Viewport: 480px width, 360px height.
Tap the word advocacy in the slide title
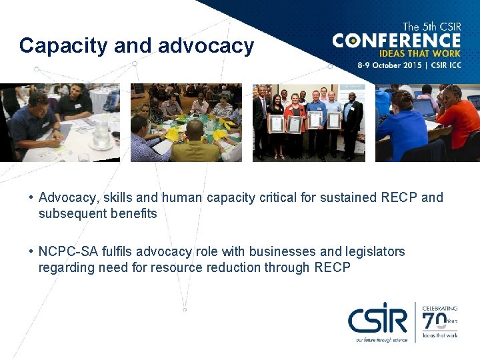click(x=206, y=46)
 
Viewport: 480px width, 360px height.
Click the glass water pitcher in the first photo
click(x=101, y=135)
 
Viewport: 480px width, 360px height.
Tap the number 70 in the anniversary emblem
click(x=435, y=323)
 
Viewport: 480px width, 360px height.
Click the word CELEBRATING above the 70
click(x=439, y=308)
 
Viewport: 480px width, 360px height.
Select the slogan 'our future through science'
click(x=379, y=339)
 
